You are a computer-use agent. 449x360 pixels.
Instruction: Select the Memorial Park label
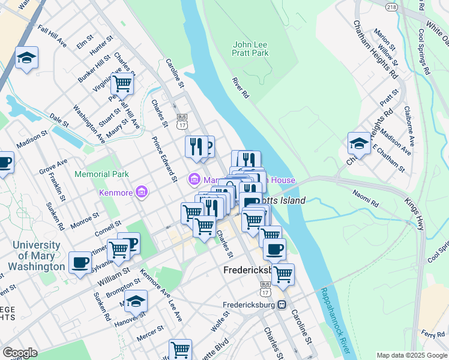coord(101,175)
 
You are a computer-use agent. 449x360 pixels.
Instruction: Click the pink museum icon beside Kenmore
coord(141,192)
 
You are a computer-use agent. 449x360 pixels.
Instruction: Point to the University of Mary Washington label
coord(37,256)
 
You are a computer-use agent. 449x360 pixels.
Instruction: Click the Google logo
coord(20,353)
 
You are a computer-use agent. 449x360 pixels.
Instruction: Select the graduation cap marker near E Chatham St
coord(359,144)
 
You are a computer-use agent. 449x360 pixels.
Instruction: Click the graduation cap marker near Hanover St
coord(136,301)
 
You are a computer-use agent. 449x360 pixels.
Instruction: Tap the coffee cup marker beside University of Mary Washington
coord(80,262)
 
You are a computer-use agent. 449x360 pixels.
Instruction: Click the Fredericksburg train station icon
coord(280,305)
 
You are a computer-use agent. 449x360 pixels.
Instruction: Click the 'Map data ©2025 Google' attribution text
coord(412,355)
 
